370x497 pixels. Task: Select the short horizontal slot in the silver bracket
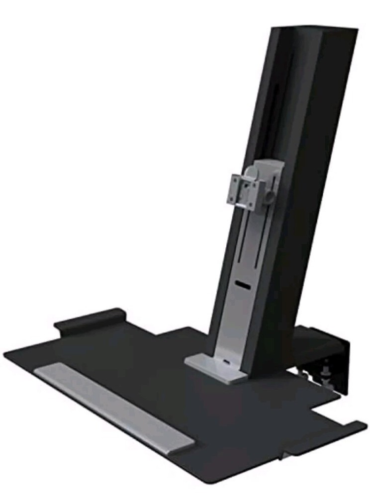(243, 285)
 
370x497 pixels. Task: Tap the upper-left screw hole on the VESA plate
(235, 180)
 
